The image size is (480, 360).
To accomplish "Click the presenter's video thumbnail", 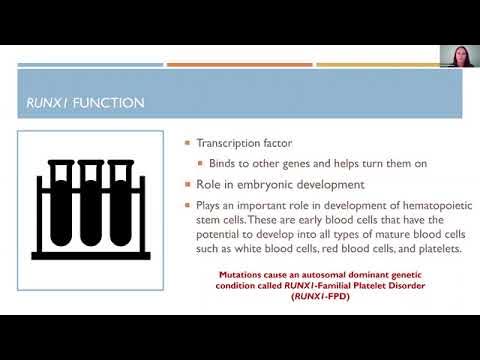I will (459, 58).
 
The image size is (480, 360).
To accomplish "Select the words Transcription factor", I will (242, 143).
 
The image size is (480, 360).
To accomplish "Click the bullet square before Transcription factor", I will (188, 144).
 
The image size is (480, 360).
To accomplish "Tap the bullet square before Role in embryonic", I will (188, 184).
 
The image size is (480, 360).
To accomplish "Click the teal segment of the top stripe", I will (89, 65).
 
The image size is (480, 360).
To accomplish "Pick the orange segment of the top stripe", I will (239, 65).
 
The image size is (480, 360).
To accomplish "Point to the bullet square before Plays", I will (188, 205).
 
